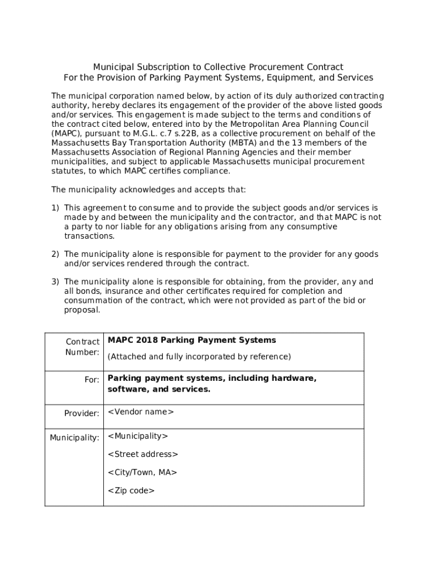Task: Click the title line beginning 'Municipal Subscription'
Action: [218, 67]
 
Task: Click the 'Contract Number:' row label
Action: [83, 347]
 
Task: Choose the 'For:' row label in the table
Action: [92, 379]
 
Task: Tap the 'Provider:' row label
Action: [82, 413]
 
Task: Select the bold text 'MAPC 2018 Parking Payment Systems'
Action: [192, 340]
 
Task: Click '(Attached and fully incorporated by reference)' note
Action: [199, 356]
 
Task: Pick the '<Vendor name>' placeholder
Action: [141, 411]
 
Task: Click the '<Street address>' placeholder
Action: [143, 454]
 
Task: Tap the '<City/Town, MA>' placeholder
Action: [142, 472]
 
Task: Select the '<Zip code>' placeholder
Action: [131, 490]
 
